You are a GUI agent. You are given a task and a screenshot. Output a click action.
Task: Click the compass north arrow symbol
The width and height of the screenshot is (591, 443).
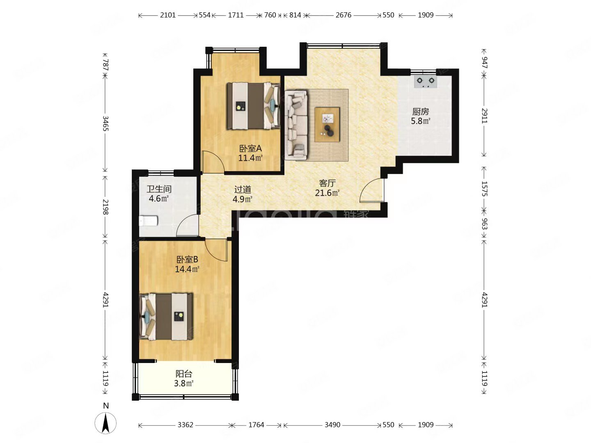pyautogui.click(x=105, y=422)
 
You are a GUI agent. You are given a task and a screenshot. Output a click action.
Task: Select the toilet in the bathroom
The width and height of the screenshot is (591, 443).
pyautogui.click(x=148, y=221)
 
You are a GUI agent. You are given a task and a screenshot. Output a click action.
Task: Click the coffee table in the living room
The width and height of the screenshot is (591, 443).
pyautogui.click(x=327, y=124)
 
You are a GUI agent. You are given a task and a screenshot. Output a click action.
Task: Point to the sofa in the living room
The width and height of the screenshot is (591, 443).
pyautogui.click(x=296, y=123)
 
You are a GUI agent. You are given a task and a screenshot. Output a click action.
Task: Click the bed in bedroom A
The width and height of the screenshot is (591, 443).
pyautogui.click(x=253, y=106)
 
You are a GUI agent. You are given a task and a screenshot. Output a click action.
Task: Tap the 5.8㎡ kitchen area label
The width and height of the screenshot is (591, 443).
pyautogui.click(x=420, y=121)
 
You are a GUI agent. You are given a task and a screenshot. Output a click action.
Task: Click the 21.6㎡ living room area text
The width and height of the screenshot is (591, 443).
pyautogui.click(x=327, y=193)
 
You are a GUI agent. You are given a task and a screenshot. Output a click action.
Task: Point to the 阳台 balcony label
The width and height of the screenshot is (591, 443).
pyautogui.click(x=184, y=374)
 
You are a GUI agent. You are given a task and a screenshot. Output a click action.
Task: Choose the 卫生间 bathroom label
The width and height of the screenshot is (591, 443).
pyautogui.click(x=159, y=189)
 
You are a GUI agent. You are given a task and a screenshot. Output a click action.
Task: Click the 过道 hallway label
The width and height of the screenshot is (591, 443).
pyautogui.click(x=243, y=190)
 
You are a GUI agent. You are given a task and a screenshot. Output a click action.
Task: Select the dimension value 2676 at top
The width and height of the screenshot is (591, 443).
pyautogui.click(x=343, y=15)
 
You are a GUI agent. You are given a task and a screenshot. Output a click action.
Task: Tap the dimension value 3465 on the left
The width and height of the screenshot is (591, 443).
pyautogui.click(x=105, y=123)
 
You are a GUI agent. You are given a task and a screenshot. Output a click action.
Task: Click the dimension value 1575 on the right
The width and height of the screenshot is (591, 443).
pyautogui.click(x=484, y=189)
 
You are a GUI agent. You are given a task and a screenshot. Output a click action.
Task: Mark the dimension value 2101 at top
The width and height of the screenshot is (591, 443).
pyautogui.click(x=168, y=15)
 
